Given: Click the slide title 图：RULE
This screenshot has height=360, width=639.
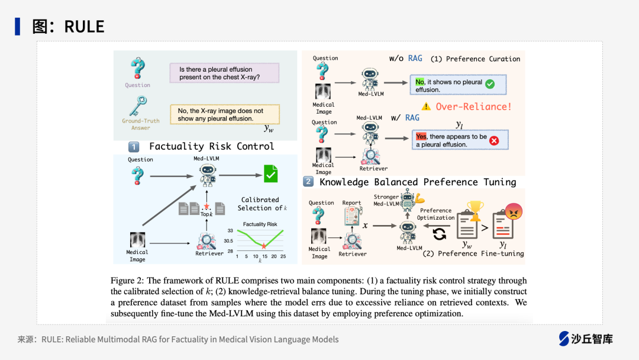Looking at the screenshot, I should [68, 26].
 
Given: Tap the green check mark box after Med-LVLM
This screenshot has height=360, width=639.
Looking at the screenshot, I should [270, 174].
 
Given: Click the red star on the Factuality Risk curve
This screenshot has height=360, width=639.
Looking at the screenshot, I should [264, 246].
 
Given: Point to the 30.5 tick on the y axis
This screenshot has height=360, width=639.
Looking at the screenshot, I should [228, 241].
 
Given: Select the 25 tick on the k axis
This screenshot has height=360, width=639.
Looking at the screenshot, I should [283, 256].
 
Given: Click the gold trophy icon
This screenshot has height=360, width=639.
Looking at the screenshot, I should [475, 208].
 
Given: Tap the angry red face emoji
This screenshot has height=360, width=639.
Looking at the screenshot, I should [513, 211].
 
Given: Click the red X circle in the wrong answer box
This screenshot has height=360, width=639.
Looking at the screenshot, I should [494, 140].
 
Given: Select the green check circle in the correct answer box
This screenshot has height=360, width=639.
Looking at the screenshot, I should [490, 85].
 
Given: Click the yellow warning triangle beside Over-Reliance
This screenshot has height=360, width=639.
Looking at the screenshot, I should [426, 107].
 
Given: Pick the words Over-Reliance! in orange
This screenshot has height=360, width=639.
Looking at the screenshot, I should [473, 107].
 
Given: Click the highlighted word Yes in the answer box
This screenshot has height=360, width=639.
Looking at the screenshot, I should [421, 136].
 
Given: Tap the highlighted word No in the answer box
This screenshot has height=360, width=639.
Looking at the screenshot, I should [420, 82].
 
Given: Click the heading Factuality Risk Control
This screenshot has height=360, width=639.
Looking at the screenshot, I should [211, 146].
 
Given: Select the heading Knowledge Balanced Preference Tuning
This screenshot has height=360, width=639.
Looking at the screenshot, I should [418, 182].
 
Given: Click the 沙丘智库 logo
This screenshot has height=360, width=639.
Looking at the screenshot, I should [586, 339].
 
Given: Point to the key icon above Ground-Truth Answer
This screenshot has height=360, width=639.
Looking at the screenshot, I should [137, 106].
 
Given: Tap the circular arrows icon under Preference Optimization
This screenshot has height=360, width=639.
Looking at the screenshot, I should [440, 234].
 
